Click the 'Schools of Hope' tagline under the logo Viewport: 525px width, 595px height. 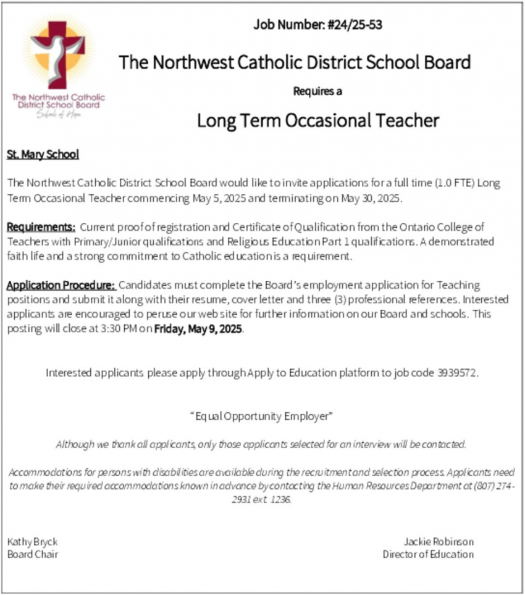[59, 115]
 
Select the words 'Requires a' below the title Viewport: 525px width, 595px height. [317, 92]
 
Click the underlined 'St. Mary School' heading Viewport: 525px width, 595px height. [43, 154]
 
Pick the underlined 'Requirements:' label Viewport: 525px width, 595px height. [41, 227]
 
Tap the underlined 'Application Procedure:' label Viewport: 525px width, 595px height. [61, 286]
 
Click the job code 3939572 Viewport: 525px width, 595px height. [457, 373]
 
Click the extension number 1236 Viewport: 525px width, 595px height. [279, 499]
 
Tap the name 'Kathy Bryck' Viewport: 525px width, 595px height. [32, 541]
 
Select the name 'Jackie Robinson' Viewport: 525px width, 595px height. [439, 541]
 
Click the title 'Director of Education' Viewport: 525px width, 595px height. [428, 554]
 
